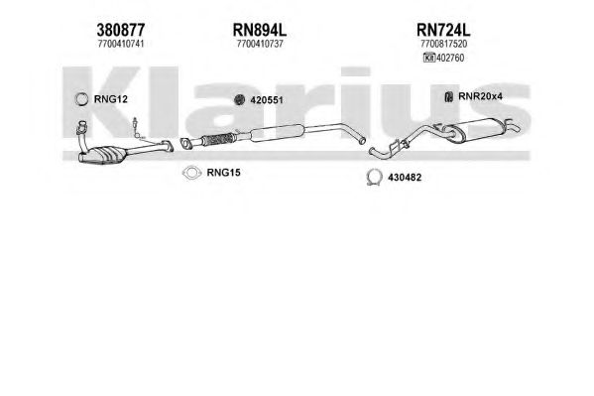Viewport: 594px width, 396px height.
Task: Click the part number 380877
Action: click(x=120, y=30)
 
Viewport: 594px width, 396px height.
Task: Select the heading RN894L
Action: click(x=260, y=30)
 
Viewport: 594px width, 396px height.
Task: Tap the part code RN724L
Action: click(x=443, y=30)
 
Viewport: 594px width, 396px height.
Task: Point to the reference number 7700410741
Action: click(x=120, y=44)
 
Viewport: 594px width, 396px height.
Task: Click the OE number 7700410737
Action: click(x=260, y=44)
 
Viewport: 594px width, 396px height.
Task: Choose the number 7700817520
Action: click(x=443, y=44)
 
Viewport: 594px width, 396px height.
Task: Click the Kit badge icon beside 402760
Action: click(x=429, y=58)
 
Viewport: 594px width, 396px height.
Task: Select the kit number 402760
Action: click(x=450, y=58)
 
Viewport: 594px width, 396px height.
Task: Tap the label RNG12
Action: click(x=111, y=99)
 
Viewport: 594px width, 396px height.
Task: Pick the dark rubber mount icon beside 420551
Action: click(x=239, y=100)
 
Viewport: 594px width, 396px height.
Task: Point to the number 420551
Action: click(x=267, y=100)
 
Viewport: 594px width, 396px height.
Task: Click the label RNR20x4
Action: click(x=480, y=96)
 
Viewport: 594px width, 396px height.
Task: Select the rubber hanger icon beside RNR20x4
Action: click(x=448, y=97)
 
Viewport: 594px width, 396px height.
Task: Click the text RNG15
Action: click(x=223, y=173)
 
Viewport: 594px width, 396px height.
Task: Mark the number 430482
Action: click(x=405, y=178)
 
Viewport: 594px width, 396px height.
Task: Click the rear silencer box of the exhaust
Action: click(x=478, y=130)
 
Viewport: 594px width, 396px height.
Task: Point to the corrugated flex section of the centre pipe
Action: click(x=217, y=139)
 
